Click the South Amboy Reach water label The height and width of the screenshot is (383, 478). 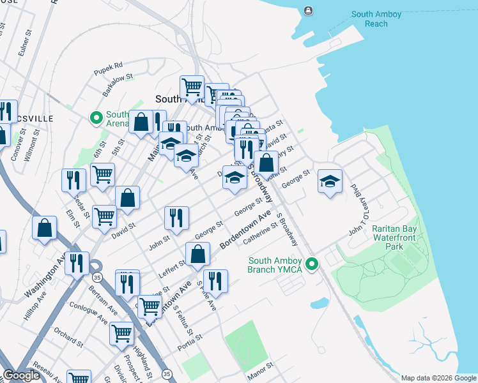pyautogui.click(x=369, y=19)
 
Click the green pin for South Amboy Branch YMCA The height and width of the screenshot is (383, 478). pyautogui.click(x=312, y=263)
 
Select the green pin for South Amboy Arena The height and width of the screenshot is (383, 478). pyautogui.click(x=96, y=117)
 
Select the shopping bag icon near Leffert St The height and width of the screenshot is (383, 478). pyautogui.click(x=199, y=253)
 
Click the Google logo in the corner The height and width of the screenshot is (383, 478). pyautogui.click(x=21, y=376)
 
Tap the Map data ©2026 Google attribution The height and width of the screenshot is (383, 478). pyautogui.click(x=438, y=378)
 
